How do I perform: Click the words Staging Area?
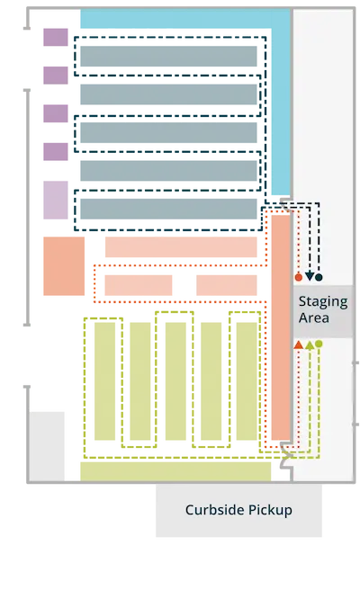click(323, 309)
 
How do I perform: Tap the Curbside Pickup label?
click(238, 510)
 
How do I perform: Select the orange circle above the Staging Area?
click(299, 277)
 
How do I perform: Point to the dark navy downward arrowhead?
click(310, 277)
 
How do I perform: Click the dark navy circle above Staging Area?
click(319, 277)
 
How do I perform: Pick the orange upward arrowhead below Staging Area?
click(298, 344)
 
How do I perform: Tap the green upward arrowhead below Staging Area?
click(310, 344)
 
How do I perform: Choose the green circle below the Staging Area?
click(319, 344)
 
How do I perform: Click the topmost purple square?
click(56, 37)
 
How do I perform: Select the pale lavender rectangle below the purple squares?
click(56, 200)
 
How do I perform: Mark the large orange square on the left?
click(64, 266)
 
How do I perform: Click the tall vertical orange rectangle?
click(281, 327)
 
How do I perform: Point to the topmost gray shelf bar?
click(168, 56)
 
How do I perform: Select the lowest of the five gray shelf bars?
click(168, 209)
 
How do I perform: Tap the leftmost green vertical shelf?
click(104, 381)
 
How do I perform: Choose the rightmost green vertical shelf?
click(247, 381)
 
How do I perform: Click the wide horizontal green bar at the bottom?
click(175, 471)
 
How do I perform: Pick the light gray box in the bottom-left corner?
click(47, 446)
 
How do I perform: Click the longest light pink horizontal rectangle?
click(181, 246)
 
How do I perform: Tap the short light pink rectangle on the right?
click(227, 285)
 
